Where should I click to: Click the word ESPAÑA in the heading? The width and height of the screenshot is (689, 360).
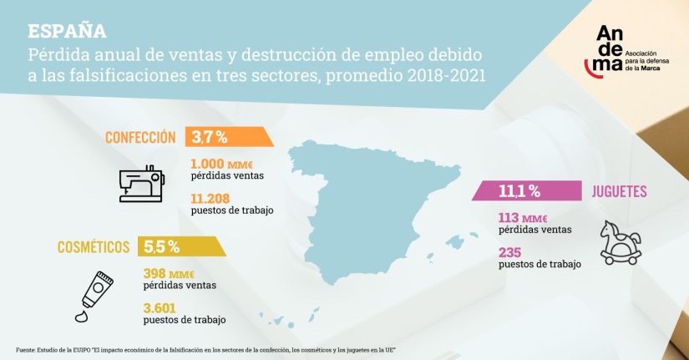point(67,31)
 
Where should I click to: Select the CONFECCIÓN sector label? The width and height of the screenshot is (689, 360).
point(140,138)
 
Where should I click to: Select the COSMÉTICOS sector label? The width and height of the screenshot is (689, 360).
point(93,246)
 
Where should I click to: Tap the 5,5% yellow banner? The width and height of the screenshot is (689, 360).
point(177,246)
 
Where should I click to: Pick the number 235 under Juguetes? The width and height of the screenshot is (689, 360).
point(510,252)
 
